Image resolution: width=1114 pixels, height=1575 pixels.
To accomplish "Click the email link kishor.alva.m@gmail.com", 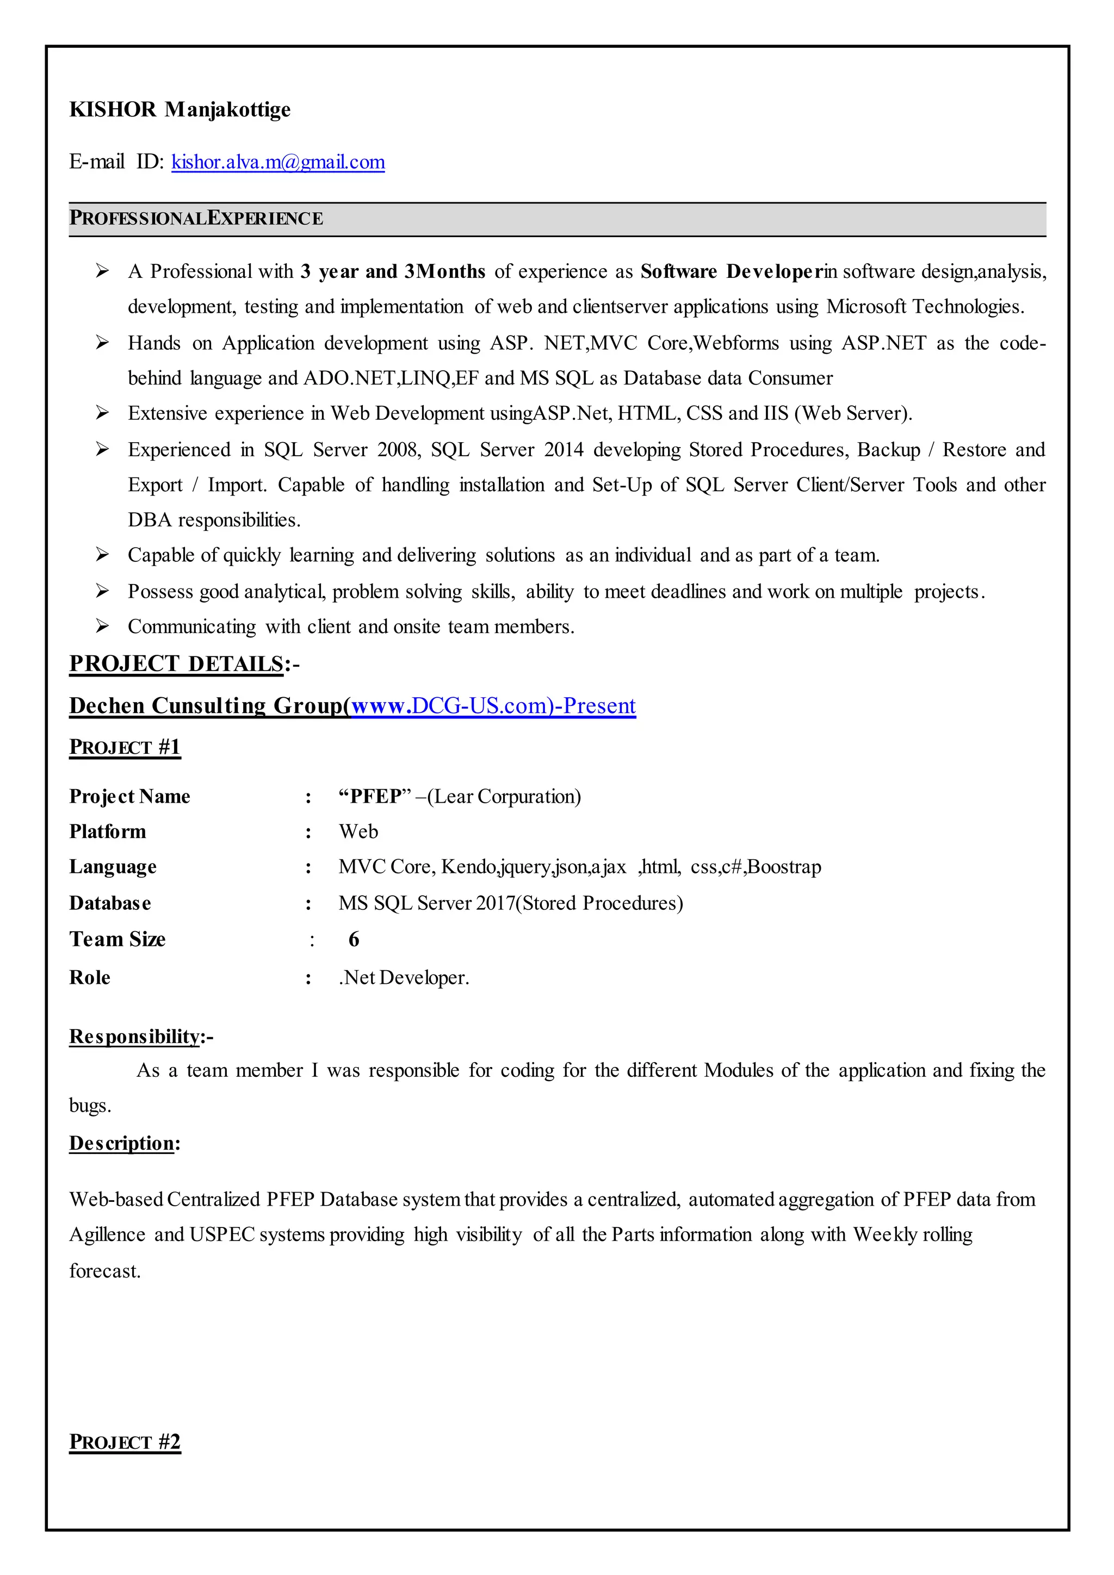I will [x=278, y=162].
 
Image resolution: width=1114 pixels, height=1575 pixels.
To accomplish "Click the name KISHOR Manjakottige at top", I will [x=180, y=110].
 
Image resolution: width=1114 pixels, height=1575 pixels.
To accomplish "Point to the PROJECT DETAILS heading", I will [x=176, y=664].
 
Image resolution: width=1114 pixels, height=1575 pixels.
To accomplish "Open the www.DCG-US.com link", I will [x=492, y=706].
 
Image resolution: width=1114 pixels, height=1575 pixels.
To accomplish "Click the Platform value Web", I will [x=358, y=832].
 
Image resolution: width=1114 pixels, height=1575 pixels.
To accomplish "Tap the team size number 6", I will [x=354, y=939].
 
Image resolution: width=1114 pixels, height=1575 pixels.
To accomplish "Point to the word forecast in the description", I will [x=104, y=1271].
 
